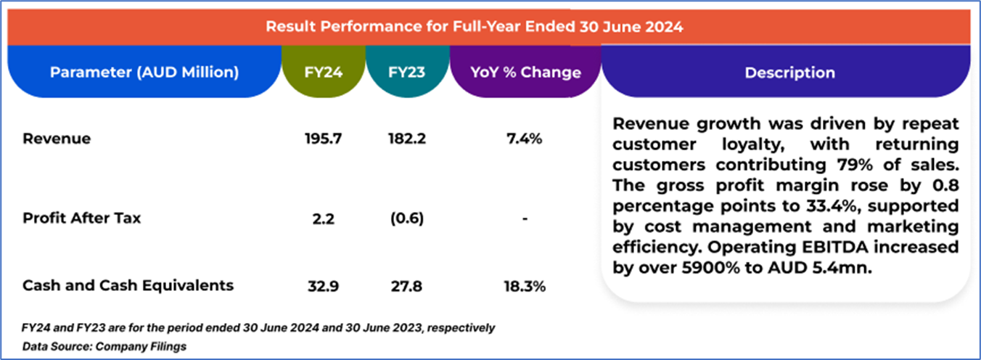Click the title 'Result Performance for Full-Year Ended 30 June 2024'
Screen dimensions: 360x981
tap(474, 28)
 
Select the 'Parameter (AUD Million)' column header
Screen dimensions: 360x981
tap(144, 73)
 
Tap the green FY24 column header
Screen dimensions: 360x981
tap(324, 73)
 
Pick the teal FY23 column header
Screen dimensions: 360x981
tap(406, 73)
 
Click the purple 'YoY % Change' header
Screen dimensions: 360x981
tap(525, 73)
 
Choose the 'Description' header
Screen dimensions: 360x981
tap(789, 73)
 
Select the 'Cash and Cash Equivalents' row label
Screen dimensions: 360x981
tap(128, 285)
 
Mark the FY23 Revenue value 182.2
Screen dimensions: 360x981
tap(406, 139)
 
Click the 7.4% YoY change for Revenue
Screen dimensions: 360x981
tap(525, 139)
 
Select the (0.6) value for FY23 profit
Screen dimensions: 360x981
tap(406, 218)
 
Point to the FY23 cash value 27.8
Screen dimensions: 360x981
tap(406, 286)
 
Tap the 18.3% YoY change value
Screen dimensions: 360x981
tap(525, 286)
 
